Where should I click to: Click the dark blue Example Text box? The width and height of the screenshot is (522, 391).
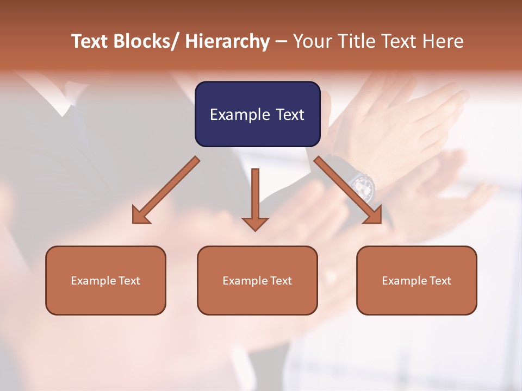257,114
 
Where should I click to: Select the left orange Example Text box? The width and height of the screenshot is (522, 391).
105,280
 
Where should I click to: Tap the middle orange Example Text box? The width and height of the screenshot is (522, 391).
257,280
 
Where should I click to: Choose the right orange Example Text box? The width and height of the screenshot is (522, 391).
417,280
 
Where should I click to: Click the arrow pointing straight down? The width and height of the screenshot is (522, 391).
255,198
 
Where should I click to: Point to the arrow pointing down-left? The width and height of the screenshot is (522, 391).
166,190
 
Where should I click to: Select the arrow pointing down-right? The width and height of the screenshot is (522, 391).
348,190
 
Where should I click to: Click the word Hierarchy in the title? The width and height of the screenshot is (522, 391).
227,41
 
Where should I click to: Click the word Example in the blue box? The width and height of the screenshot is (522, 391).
240,115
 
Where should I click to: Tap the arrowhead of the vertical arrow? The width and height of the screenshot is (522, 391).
255,223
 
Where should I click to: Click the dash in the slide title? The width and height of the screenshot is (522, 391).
281,41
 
